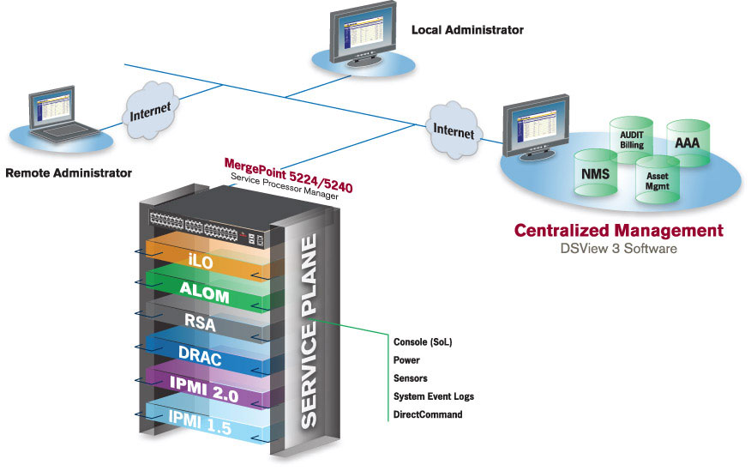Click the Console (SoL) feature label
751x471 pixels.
point(423,341)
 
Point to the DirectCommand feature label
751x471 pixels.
point(428,414)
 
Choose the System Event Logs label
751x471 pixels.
point(433,396)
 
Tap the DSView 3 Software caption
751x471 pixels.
point(618,250)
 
